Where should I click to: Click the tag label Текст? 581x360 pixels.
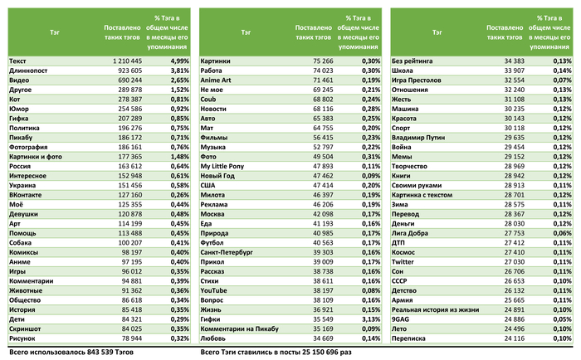[x=17, y=61]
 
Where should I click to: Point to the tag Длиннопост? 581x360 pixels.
[x=27, y=71]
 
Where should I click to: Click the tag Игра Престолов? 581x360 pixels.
[x=420, y=80]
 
